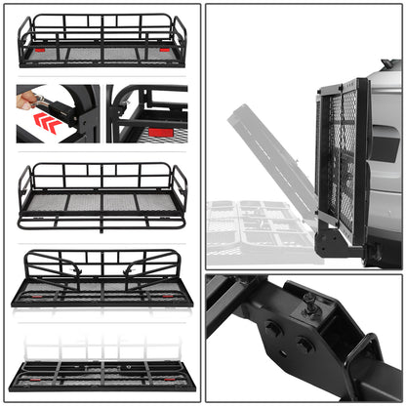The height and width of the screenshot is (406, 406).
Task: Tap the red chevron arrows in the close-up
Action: (46, 121)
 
